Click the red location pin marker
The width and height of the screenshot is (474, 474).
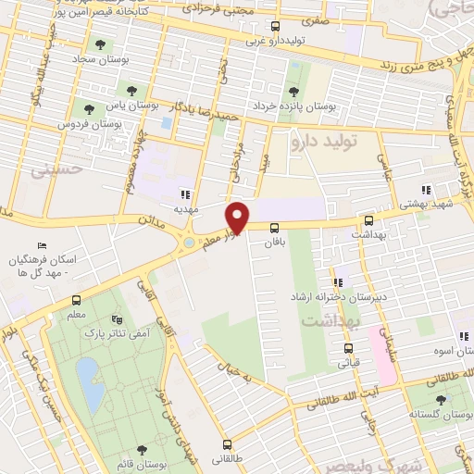pos(238,218)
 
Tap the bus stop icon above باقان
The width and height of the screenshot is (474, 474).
pos(275,228)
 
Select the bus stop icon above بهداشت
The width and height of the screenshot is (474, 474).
pos(369,221)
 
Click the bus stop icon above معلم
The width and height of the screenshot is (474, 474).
pos(76,300)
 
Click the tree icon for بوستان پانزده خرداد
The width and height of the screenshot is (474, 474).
pos(293,92)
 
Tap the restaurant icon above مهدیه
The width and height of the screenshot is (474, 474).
pos(185,194)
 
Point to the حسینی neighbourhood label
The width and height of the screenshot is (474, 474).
pos(52,171)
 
